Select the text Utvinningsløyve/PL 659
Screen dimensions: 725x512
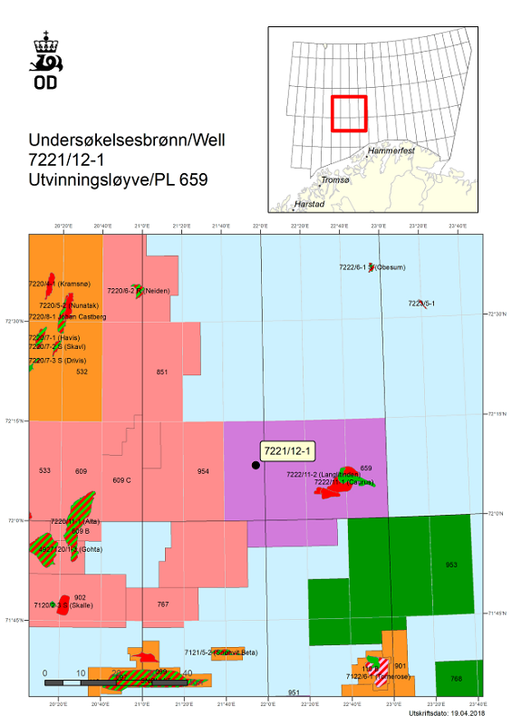click(119, 179)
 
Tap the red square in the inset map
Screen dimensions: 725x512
click(348, 114)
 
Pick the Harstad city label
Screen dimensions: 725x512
click(310, 205)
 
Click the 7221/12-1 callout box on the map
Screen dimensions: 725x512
click(287, 450)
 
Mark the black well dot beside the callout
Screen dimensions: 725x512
click(256, 465)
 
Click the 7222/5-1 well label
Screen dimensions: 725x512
click(420, 304)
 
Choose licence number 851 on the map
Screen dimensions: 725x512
click(162, 372)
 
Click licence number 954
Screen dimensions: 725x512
click(203, 471)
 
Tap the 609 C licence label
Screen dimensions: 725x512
click(122, 479)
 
